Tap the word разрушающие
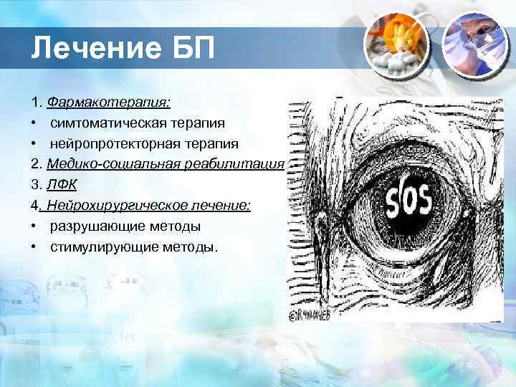coord(89,226)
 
